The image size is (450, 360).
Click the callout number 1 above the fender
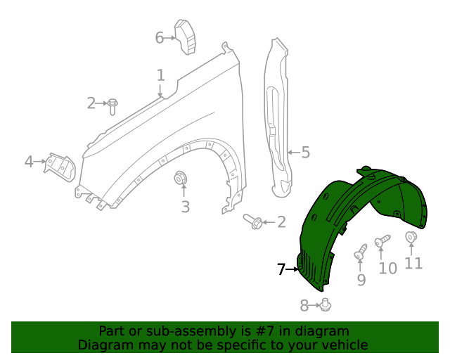click(x=160, y=75)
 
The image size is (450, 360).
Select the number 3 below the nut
click(x=185, y=207)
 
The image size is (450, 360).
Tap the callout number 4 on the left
click(x=29, y=162)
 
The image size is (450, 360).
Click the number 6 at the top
click(x=160, y=37)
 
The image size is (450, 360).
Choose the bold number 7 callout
click(x=281, y=269)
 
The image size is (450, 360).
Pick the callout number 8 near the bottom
click(x=304, y=305)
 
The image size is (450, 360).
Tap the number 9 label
click(x=361, y=280)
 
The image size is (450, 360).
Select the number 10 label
click(x=387, y=268)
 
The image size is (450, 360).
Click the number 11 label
click(x=413, y=264)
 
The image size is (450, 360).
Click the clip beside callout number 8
click(x=326, y=304)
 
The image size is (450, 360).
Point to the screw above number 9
click(x=362, y=252)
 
